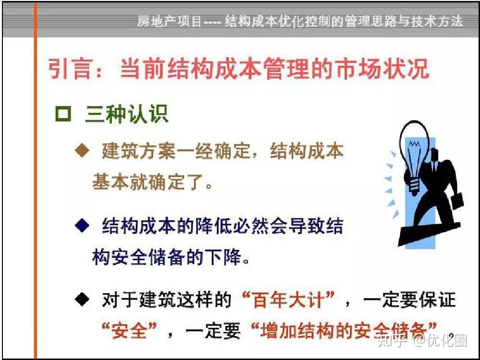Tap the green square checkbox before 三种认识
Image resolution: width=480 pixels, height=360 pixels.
pos(63,114)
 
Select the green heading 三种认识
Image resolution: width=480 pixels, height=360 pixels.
pos(126,114)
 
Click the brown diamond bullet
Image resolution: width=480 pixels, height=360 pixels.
pos(82,151)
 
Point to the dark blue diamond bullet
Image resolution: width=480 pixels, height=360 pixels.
pos(82,226)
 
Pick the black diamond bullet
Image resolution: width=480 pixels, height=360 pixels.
pos(82,299)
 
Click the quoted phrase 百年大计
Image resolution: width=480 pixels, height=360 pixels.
pos(288,300)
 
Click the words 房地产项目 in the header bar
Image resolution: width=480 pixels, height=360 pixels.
pos(169,21)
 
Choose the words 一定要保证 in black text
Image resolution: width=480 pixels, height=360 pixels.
pos(409,300)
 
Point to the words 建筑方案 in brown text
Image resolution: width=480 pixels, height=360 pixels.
pos(138,151)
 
